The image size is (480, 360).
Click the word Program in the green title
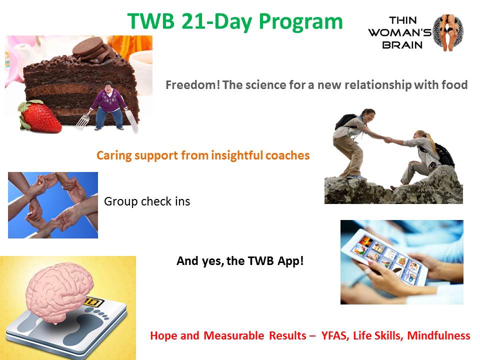click(300, 22)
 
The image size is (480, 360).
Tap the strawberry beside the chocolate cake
click(40, 116)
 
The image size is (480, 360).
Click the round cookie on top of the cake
click(87, 46)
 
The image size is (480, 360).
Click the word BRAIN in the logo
click(402, 45)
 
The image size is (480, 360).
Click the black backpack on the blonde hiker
click(444, 154)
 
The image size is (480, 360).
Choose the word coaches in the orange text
click(287, 155)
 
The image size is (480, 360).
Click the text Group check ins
click(147, 201)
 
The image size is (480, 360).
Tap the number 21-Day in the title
click(216, 22)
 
